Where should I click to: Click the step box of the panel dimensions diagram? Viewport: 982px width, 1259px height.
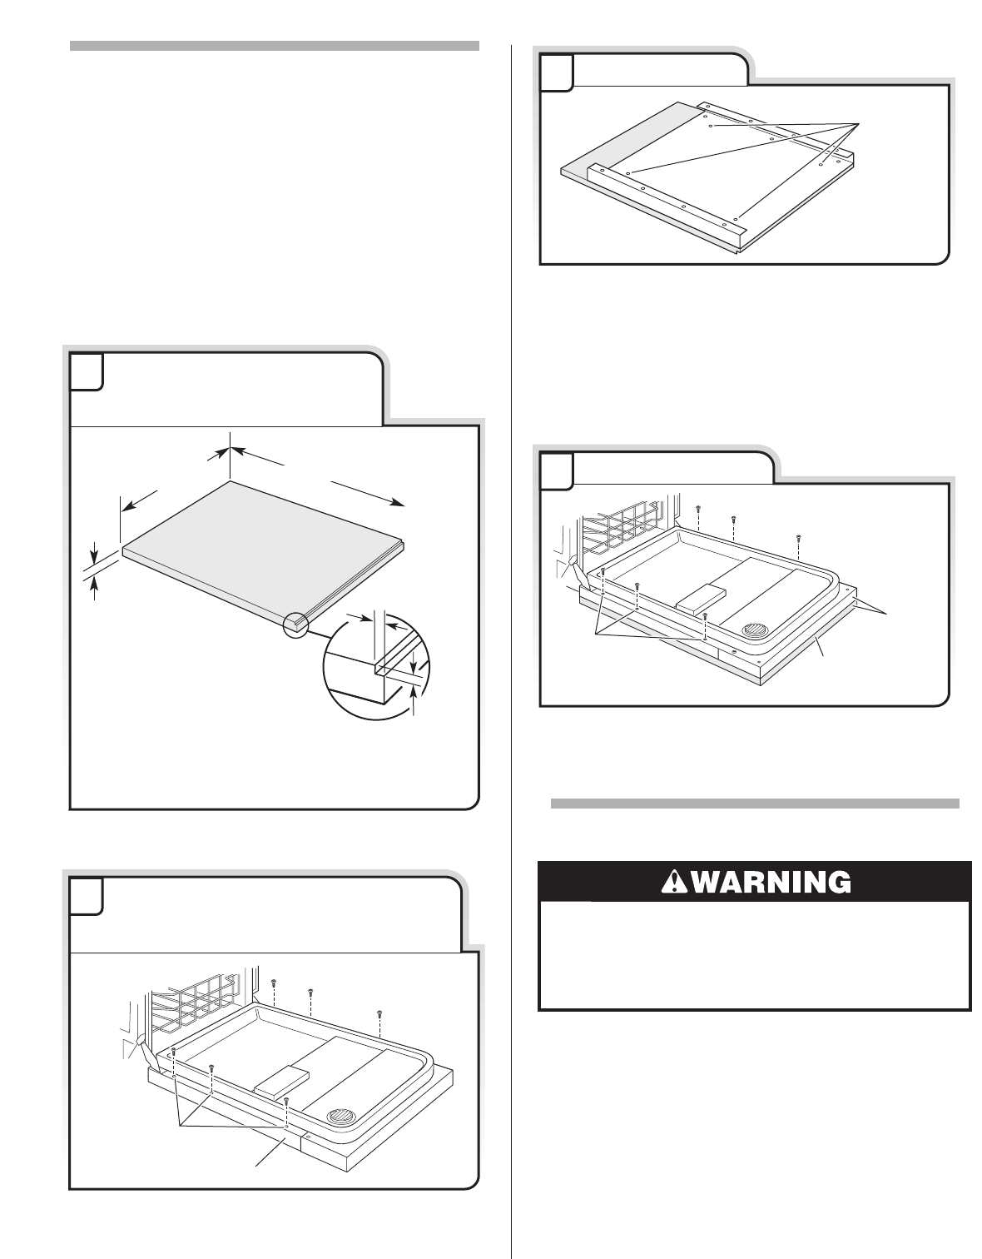(x=87, y=371)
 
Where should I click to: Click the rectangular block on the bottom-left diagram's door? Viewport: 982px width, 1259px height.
(x=282, y=1080)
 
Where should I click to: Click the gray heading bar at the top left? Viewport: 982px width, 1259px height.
(x=275, y=45)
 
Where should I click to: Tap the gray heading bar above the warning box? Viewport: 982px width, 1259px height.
(x=756, y=804)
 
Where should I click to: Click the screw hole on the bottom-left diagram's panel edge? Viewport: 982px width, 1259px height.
(x=309, y=1136)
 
